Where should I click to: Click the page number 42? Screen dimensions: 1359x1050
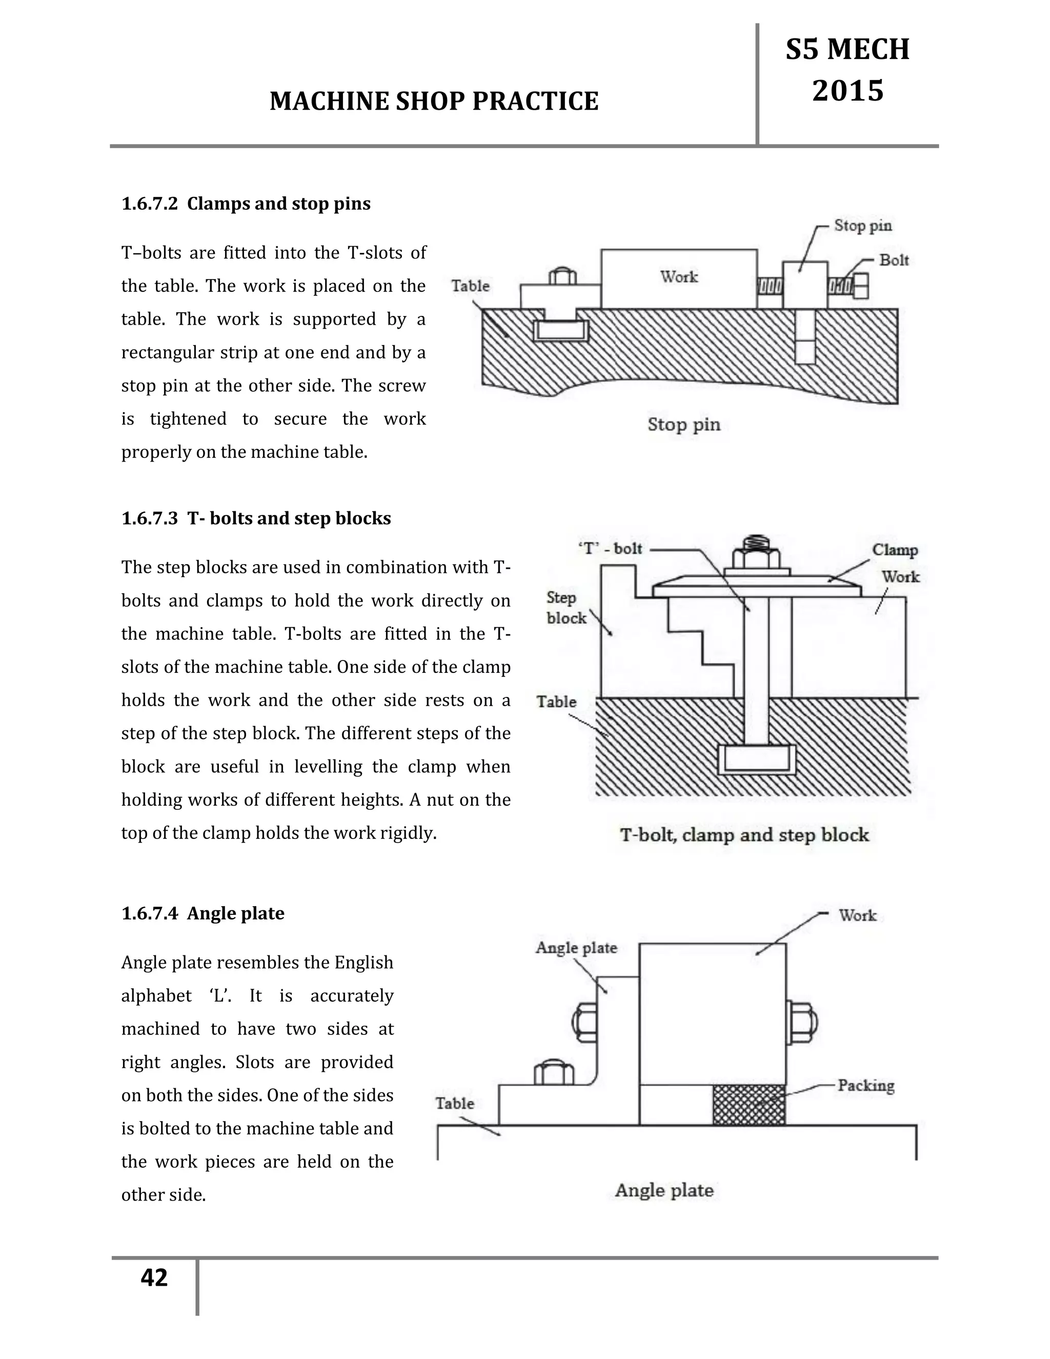click(154, 1277)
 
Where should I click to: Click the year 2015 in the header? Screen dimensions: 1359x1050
click(847, 91)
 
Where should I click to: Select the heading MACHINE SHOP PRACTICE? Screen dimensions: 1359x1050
click(434, 102)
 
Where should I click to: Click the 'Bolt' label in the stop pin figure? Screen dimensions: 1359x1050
click(894, 260)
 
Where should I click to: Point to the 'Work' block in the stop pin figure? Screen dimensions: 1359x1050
click(679, 277)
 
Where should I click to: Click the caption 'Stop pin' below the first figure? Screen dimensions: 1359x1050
click(683, 425)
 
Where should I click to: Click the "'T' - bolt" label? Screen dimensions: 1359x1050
click(610, 548)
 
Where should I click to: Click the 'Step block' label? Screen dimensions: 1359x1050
click(566, 607)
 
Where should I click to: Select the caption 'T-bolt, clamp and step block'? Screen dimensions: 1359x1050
click(744, 834)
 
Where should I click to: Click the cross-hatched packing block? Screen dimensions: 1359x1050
click(749, 1105)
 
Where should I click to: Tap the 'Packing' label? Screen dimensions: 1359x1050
click(865, 1085)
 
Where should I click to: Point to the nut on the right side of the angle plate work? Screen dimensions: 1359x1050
click(802, 1023)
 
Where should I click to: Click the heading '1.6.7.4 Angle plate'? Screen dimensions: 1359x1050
click(203, 913)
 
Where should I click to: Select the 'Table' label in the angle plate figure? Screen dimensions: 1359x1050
click(454, 1103)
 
